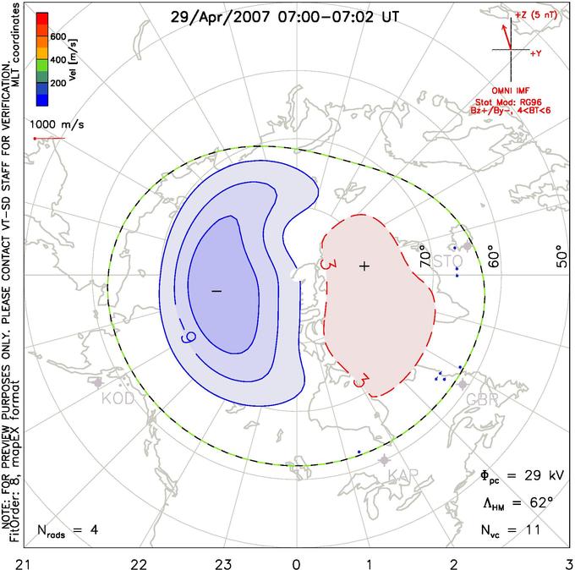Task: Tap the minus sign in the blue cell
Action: pyautogui.click(x=216, y=290)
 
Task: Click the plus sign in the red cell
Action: pyautogui.click(x=364, y=266)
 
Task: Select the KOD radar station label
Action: pyautogui.click(x=118, y=398)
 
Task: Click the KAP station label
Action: pyautogui.click(x=403, y=476)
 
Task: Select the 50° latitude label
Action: pyautogui.click(x=560, y=255)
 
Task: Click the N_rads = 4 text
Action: pyautogui.click(x=68, y=531)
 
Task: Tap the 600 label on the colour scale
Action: pyautogui.click(x=58, y=37)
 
